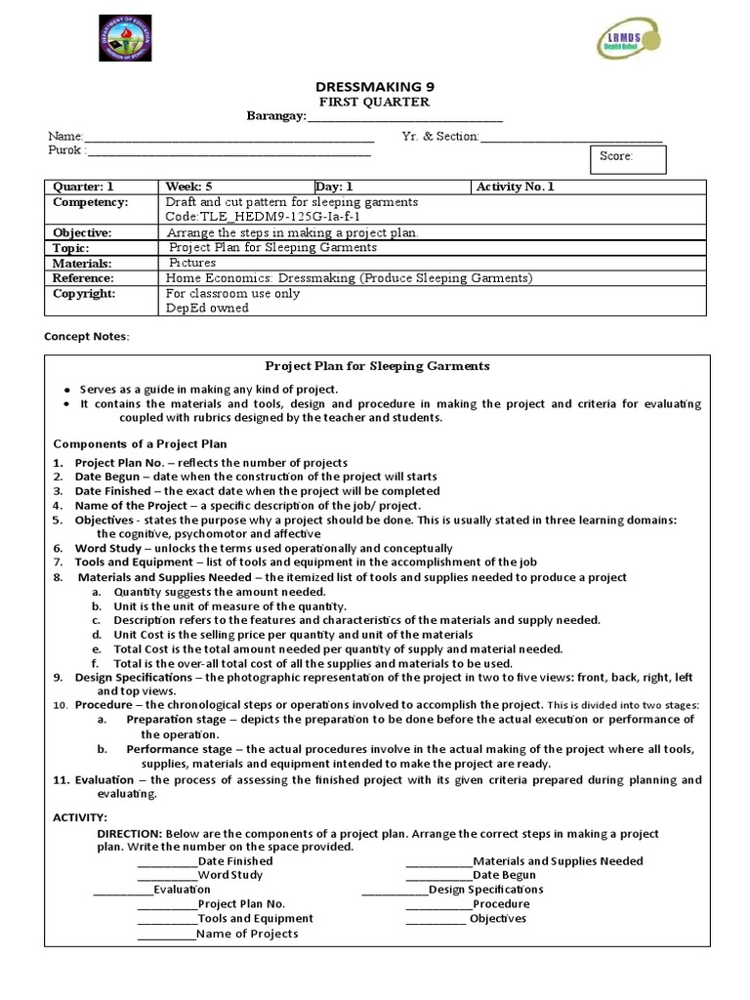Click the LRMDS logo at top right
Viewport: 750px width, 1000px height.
[x=629, y=40]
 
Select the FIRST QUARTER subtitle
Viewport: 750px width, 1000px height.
[x=374, y=103]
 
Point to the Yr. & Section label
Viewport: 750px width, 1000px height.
[x=439, y=137]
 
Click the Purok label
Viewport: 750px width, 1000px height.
[x=66, y=151]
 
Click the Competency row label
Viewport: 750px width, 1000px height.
[x=91, y=202]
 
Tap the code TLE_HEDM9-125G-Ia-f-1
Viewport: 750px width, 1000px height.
[x=264, y=217]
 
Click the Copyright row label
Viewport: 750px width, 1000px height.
[x=84, y=293]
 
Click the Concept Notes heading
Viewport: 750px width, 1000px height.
[x=86, y=337]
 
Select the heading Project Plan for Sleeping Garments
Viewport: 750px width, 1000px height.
[x=378, y=366]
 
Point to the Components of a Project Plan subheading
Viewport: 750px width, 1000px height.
[x=139, y=443]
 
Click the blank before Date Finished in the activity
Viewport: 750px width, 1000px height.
[x=167, y=862]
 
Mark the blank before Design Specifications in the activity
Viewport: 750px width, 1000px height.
[x=395, y=891]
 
